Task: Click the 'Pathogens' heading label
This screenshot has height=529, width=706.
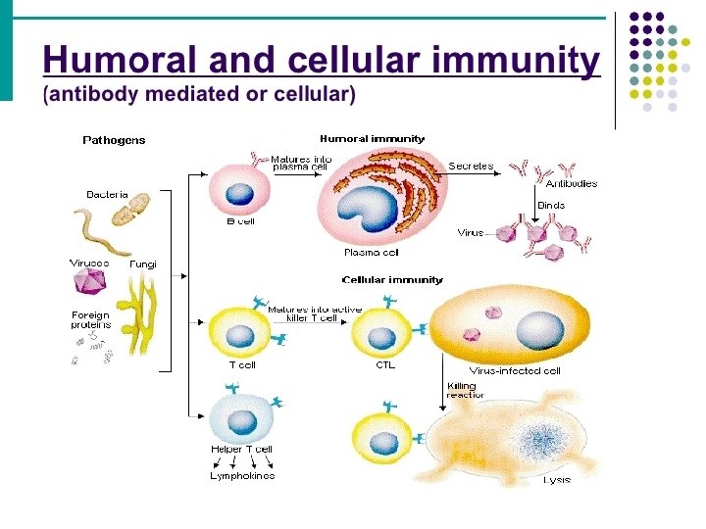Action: pos(114,140)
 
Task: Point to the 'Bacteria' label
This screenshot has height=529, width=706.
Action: pos(107,195)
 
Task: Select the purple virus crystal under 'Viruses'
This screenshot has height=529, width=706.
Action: pos(90,282)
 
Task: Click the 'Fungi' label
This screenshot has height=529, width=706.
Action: pos(143,264)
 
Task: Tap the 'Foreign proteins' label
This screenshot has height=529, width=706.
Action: pos(91,319)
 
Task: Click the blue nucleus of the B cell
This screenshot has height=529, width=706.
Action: pos(240,194)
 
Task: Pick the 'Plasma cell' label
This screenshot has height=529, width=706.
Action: pos(372,252)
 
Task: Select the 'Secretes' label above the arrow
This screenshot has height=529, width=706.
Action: pos(471,167)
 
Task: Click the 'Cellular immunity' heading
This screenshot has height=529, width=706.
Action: pos(392,279)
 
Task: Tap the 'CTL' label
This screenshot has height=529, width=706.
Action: pos(385,366)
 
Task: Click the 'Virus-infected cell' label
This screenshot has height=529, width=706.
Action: pos(515,371)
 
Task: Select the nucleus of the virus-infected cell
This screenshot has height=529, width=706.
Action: pos(539,330)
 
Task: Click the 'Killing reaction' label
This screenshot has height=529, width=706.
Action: pos(466,390)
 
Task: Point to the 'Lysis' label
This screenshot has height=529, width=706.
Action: pos(557,480)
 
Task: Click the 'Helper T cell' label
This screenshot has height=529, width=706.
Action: pos(241,450)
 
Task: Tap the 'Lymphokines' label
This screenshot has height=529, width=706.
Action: pos(242,476)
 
